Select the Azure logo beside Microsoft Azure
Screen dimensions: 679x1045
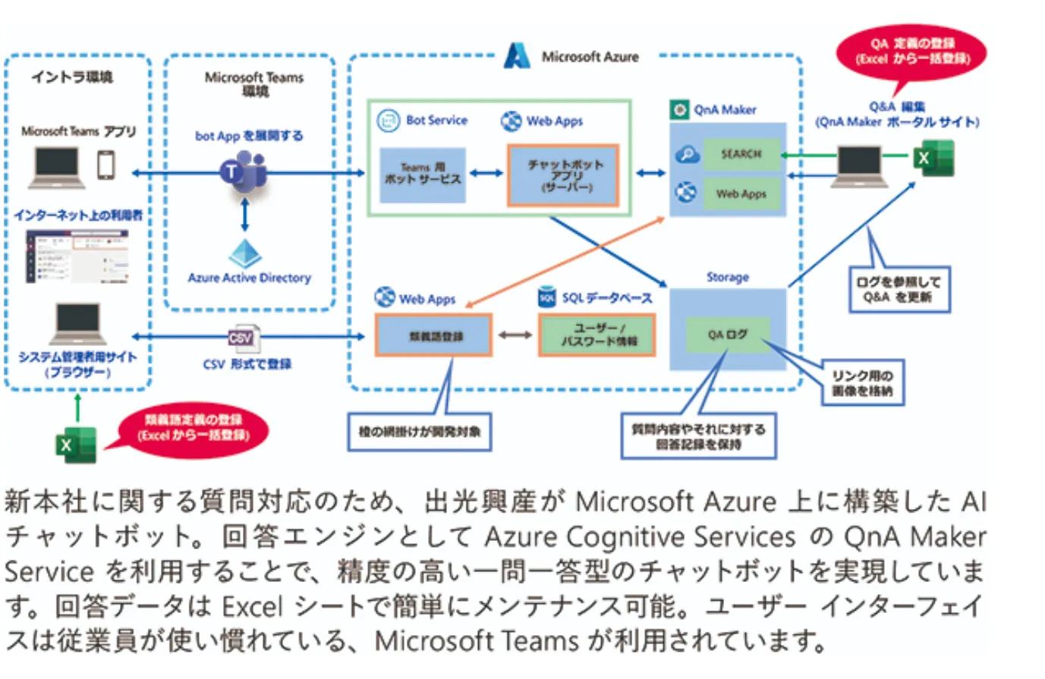pos(517,56)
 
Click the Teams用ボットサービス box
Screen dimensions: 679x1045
pos(422,174)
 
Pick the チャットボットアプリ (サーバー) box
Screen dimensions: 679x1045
pos(563,175)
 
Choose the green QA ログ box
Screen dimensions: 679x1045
pos(727,334)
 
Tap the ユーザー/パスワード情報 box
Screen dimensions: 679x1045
pos(596,335)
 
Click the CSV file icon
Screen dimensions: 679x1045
pos(242,338)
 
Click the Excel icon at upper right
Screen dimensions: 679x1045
pos(933,158)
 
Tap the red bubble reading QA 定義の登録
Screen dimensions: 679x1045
pos(911,53)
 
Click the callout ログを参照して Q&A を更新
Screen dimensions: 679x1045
pos(899,289)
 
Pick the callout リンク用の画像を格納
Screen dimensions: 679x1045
pos(862,383)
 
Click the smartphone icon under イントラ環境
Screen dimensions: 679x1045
pos(106,165)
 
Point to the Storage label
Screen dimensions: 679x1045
pos(727,277)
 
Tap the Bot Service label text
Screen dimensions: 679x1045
pos(436,120)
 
